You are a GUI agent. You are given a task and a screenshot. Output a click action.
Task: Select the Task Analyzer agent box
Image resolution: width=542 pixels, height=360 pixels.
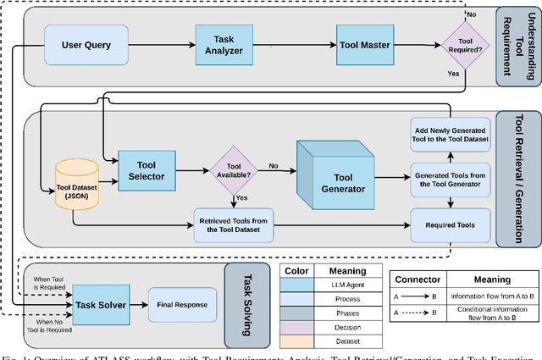(x=219, y=43)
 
